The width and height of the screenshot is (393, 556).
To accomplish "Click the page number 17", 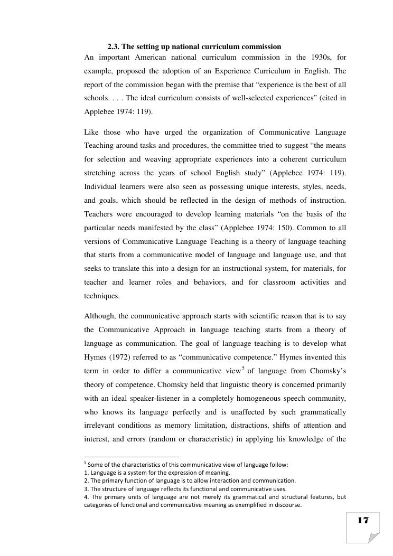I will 363,521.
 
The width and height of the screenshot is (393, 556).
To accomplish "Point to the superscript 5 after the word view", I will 243,368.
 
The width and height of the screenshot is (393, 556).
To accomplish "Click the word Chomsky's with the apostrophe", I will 326,371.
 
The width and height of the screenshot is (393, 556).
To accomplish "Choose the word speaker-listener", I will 163,398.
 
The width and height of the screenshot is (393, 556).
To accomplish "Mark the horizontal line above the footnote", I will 132,456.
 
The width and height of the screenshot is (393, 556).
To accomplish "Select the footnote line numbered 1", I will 157,473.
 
